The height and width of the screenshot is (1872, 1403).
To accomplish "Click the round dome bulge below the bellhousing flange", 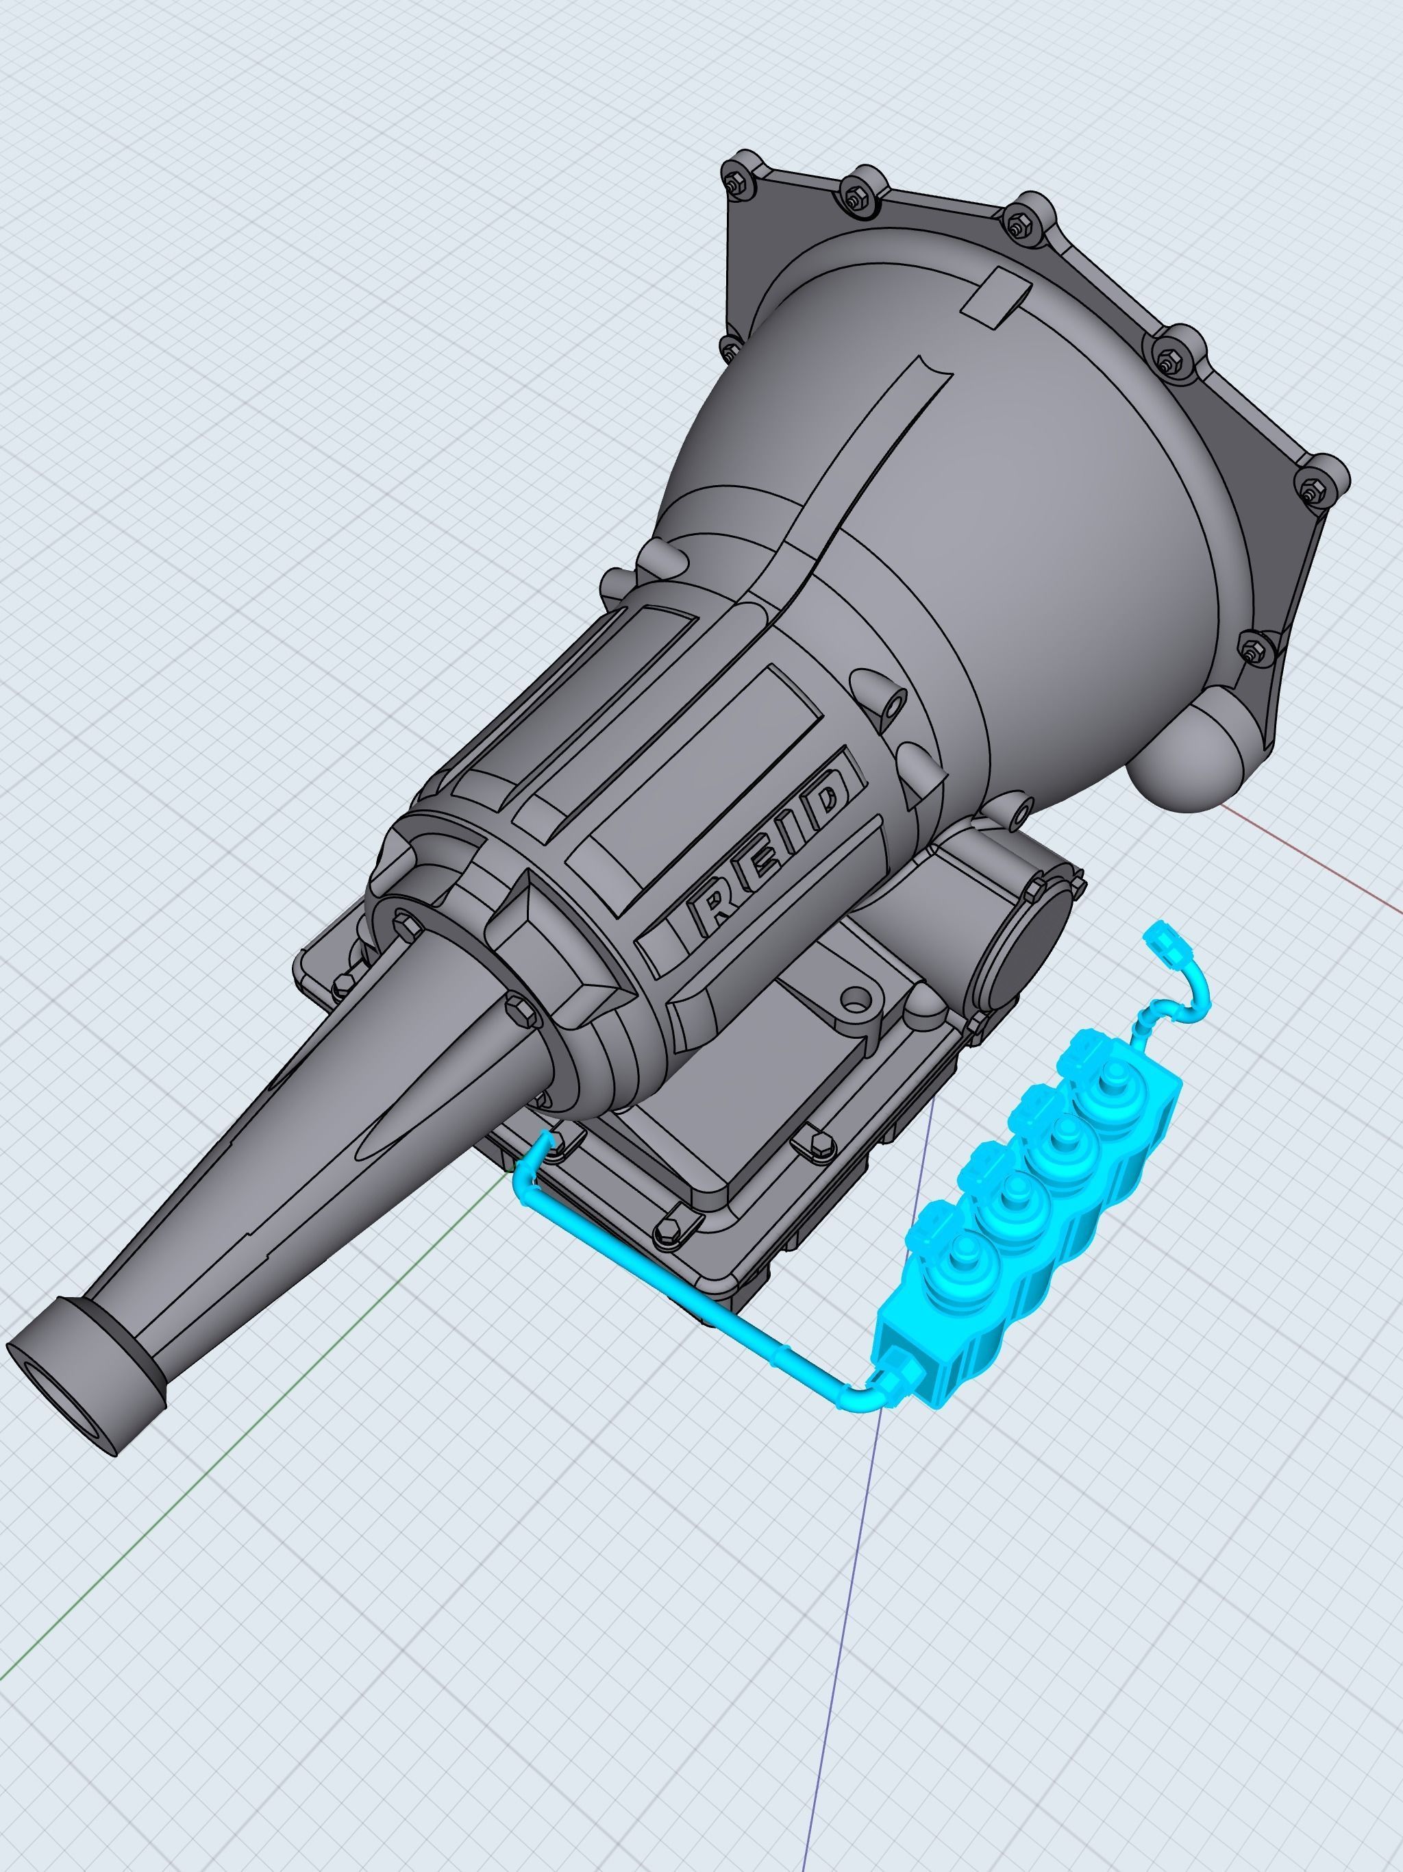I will (x=1184, y=762).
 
